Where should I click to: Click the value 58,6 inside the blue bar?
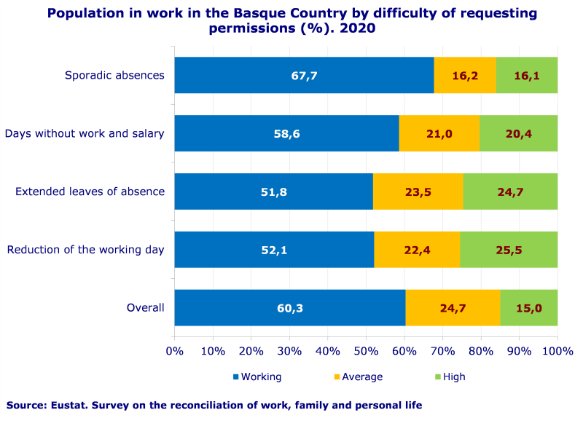click(287, 133)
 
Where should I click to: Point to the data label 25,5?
click(509, 250)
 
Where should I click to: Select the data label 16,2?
click(465, 75)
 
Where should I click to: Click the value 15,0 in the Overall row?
click(529, 308)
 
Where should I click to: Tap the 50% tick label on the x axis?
click(366, 351)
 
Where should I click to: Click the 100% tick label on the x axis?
click(557, 351)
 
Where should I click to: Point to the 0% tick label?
click(175, 351)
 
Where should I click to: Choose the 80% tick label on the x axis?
click(481, 351)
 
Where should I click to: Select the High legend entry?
click(454, 376)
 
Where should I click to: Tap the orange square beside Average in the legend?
click(337, 376)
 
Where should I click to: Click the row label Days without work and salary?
click(85, 133)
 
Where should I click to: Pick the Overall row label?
click(146, 308)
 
